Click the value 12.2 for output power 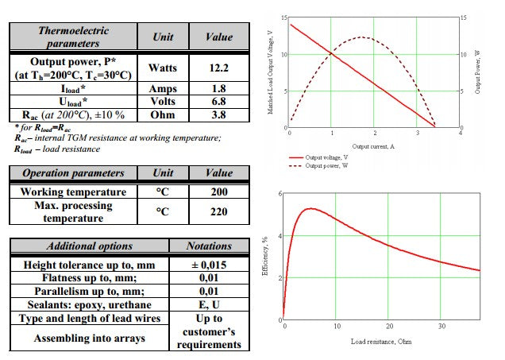click(219, 68)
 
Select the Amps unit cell click(163, 89)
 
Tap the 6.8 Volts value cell click(219, 102)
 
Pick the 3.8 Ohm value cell click(219, 114)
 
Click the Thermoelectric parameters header click(74, 37)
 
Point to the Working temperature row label click(73, 192)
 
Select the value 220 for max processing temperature click(219, 211)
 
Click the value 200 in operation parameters click(219, 192)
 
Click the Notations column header click(209, 246)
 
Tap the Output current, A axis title click(373, 146)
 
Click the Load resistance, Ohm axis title click(381, 342)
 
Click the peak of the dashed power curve click(361, 37)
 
